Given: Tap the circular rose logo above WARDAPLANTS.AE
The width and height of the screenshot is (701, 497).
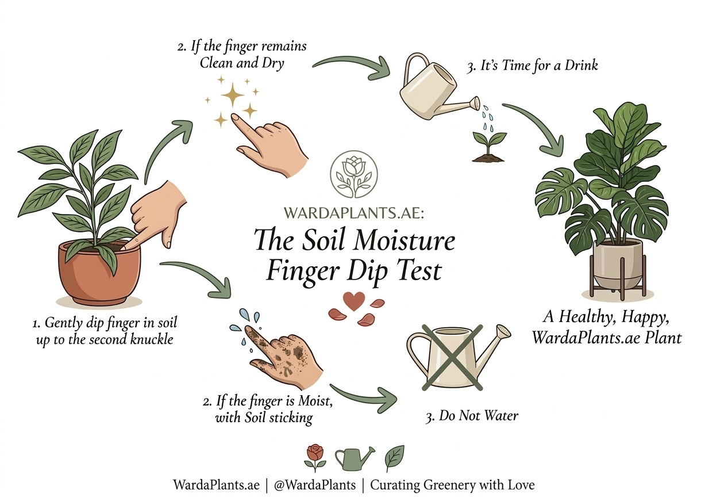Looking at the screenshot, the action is [353, 174].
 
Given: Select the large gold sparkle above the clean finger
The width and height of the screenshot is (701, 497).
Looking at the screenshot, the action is [233, 95].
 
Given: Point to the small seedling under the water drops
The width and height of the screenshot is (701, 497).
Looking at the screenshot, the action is [489, 148].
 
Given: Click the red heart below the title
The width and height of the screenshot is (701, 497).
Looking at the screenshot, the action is [353, 301].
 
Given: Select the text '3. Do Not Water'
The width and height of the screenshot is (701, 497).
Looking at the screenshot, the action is [472, 416].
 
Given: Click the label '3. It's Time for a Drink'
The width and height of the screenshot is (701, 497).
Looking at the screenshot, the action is [532, 66].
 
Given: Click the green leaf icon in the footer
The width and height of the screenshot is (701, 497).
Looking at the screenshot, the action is [394, 458].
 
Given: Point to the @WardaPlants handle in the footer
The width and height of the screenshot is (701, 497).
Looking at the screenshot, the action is [315, 485].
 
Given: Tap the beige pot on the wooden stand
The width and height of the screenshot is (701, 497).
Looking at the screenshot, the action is [618, 264].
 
